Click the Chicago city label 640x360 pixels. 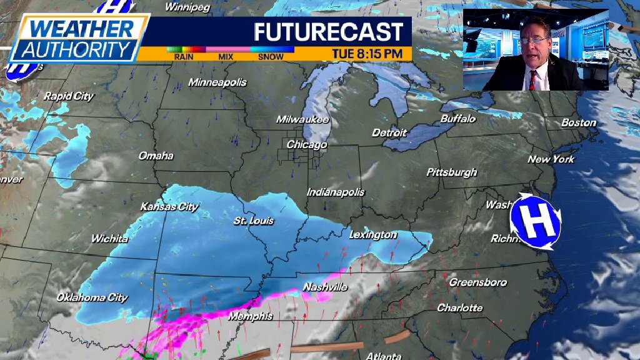(307, 144)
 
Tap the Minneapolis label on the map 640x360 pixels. (217, 82)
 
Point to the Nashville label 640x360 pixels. (325, 287)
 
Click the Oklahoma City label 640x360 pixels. (92, 297)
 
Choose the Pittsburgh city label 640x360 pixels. (451, 172)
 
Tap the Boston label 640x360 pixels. (578, 122)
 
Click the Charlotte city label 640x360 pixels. (459, 307)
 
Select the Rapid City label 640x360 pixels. (68, 96)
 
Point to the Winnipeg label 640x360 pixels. (187, 7)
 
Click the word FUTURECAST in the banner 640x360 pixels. (328, 31)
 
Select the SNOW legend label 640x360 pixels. (271, 57)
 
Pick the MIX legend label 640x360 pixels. (227, 57)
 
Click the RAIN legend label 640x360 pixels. (184, 57)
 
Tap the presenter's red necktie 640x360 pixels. (532, 79)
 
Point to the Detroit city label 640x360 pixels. (389, 132)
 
